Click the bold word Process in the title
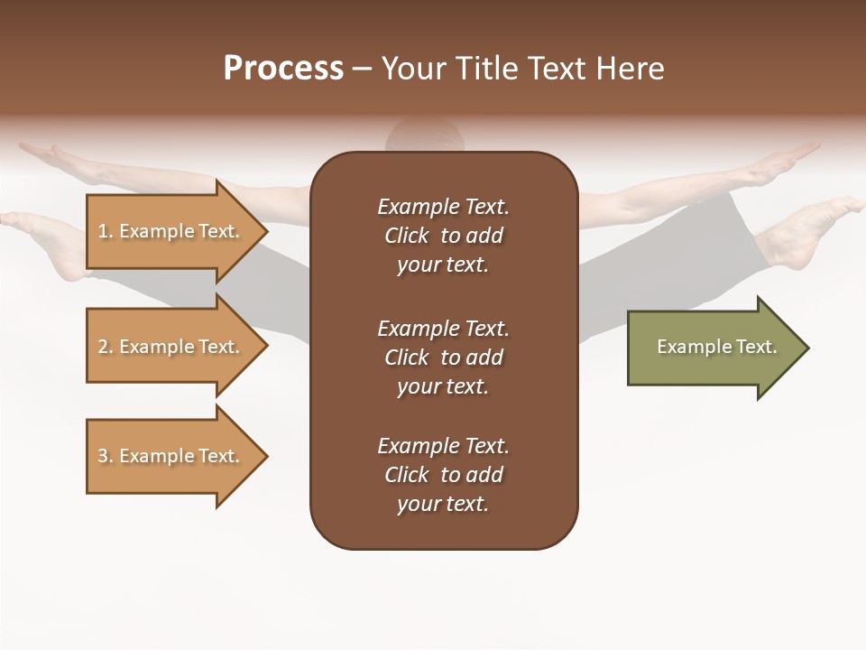pyautogui.click(x=283, y=69)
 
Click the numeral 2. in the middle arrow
pyautogui.click(x=106, y=347)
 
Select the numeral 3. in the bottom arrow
pyautogui.click(x=106, y=456)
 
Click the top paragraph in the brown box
pyautogui.click(x=443, y=236)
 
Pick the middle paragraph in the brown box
pyautogui.click(x=443, y=357)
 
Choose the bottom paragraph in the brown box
pyautogui.click(x=443, y=475)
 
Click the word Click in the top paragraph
pyautogui.click(x=407, y=236)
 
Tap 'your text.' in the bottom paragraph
pyautogui.click(x=443, y=504)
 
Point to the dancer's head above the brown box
pyautogui.click(x=424, y=135)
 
